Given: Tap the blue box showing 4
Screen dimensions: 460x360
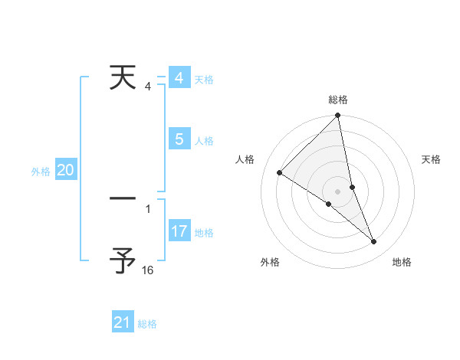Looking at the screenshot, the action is point(179,78).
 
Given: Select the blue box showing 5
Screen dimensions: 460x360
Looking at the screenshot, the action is point(179,139).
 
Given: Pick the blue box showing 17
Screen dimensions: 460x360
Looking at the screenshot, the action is point(179,231).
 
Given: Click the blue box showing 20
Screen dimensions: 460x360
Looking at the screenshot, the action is point(65,170).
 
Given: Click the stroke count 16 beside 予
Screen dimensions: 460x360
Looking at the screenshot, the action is point(148,270).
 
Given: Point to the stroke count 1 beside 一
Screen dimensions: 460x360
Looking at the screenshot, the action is point(148,208).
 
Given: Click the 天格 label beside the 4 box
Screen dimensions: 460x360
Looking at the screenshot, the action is point(204,80).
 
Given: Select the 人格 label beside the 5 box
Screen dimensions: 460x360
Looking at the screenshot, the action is point(204,141).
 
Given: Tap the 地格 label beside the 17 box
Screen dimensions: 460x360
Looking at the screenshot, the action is point(204,233).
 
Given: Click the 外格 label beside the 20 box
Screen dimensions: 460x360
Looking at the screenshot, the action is point(41,172).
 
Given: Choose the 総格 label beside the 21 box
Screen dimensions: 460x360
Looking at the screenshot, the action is point(147,325).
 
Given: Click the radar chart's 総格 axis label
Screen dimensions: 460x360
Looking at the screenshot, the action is point(338,100).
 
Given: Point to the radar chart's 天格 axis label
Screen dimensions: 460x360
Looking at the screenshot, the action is point(431,159).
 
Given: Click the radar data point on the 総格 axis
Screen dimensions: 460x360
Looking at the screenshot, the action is point(338,116).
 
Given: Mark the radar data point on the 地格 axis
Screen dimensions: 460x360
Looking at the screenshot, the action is point(374,242).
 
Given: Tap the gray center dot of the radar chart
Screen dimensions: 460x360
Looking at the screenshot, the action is point(337,191).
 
